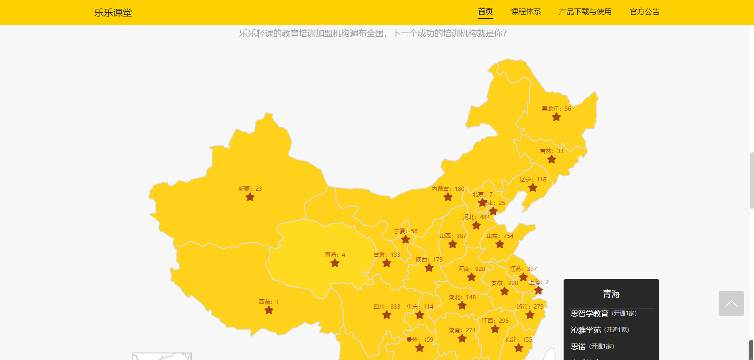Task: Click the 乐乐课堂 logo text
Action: (x=113, y=13)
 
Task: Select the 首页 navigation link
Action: (x=485, y=12)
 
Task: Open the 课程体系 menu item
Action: (x=525, y=12)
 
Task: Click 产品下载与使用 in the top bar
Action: (x=585, y=12)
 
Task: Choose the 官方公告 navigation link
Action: (x=644, y=12)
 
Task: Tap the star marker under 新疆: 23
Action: (x=250, y=197)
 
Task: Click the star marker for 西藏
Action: (x=269, y=310)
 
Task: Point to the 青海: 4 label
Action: (x=335, y=255)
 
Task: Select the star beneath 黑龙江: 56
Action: (x=556, y=117)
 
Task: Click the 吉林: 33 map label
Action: (x=551, y=151)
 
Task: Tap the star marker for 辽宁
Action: (x=533, y=188)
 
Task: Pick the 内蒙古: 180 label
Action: (x=448, y=189)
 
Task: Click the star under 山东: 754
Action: (x=500, y=244)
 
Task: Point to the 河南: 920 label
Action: (x=471, y=269)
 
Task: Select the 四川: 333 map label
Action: (x=386, y=307)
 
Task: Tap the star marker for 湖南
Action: (x=462, y=338)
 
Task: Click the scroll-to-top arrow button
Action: (x=731, y=303)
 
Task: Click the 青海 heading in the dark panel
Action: (x=611, y=294)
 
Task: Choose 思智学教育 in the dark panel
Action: (x=589, y=314)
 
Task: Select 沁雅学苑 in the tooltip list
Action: (x=585, y=330)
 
